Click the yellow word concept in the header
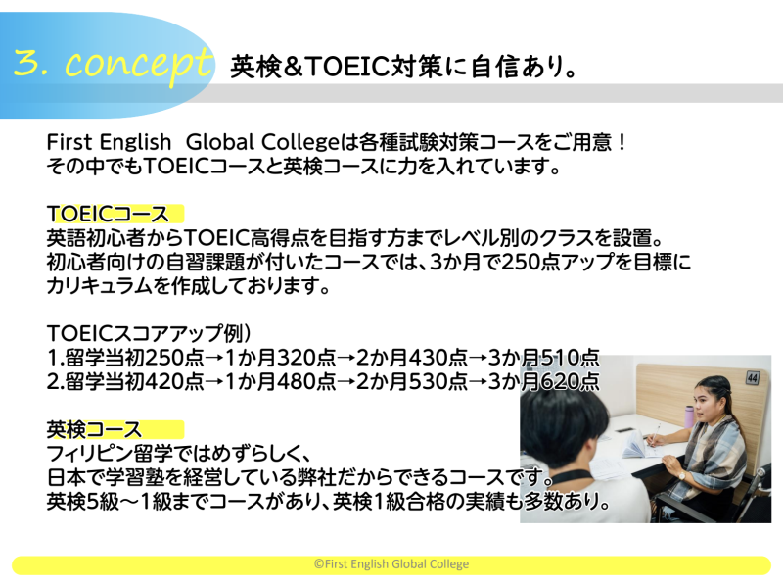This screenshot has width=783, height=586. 139,65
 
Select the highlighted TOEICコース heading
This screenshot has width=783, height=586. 108,214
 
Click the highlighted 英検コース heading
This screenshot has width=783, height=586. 94,429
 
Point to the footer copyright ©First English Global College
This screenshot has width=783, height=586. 391,564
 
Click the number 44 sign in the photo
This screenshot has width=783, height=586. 752,377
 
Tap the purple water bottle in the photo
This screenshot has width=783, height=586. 689,416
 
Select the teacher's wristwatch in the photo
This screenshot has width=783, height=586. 681,475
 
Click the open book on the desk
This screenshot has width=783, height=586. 637,445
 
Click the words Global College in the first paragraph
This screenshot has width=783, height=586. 261,142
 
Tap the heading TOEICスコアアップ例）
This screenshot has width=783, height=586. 149,333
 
